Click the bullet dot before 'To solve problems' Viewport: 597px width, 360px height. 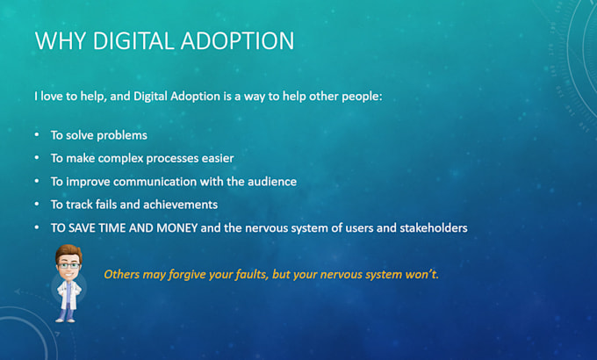tap(36, 136)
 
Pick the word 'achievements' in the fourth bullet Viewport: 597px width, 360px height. tap(181, 205)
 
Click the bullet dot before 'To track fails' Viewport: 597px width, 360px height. tap(36, 205)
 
